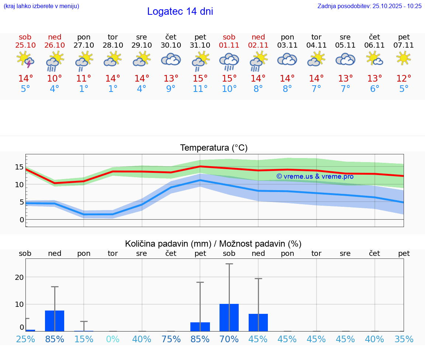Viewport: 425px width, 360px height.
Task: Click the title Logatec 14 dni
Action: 180,11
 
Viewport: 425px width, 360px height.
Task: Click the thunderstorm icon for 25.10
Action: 25,59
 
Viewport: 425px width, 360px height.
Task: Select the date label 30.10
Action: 171,45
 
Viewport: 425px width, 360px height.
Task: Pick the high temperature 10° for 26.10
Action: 55,78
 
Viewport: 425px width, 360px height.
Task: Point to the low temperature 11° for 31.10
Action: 200,89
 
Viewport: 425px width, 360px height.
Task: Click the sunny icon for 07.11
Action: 404,58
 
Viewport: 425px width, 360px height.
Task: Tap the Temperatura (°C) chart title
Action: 214,148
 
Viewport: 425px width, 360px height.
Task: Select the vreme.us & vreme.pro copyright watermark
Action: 315,176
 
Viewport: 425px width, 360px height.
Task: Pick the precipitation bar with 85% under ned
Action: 55,320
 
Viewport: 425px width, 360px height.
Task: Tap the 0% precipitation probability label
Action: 113,339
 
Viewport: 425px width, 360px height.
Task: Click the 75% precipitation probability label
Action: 171,339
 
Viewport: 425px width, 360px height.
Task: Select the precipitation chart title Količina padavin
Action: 213,244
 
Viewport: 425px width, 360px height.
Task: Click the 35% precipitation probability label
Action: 404,339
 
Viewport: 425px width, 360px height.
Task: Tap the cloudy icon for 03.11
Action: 287,59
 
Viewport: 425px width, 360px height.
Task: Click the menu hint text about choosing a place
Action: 41,6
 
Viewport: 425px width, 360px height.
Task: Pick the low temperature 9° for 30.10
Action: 171,89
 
